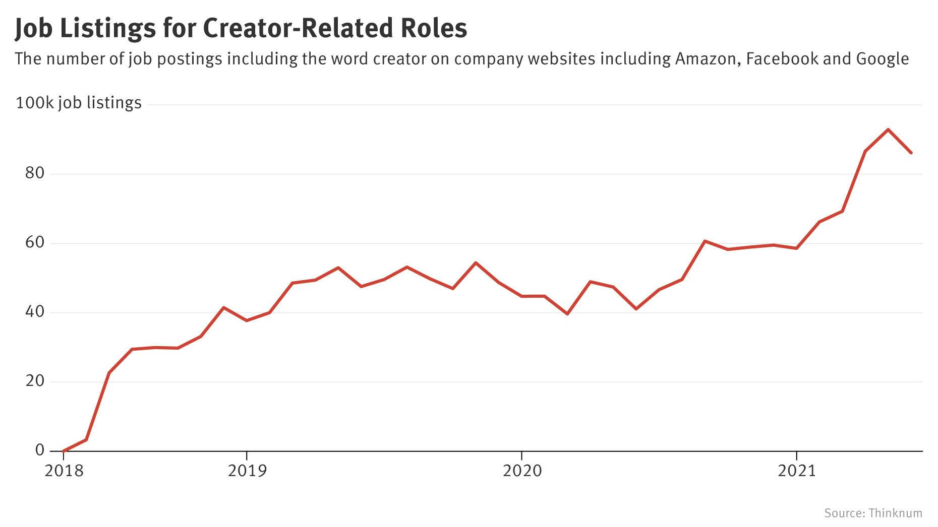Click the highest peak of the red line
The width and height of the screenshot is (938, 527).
888,129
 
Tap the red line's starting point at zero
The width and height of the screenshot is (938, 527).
64,450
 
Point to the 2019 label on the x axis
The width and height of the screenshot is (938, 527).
247,471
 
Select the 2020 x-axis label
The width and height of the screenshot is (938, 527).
522,471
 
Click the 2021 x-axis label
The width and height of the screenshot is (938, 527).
797,471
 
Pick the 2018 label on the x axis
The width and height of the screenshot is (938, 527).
64,471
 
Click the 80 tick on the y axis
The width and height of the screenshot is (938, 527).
34,173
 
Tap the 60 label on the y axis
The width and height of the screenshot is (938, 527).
34,242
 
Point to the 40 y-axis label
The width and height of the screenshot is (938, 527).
34,312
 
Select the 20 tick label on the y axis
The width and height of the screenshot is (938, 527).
34,381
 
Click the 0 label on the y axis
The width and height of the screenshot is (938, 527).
40,450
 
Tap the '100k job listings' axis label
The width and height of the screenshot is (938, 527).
79,103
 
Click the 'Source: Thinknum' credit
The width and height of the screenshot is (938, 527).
873,513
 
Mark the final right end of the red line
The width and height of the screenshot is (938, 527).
911,153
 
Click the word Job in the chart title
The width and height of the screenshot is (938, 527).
34,28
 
